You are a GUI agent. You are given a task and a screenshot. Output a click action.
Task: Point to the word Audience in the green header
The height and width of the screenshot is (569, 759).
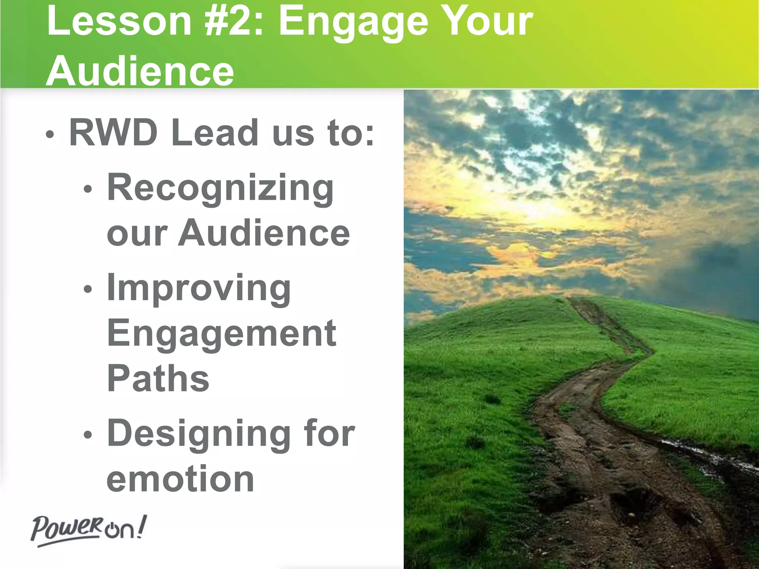tap(140, 71)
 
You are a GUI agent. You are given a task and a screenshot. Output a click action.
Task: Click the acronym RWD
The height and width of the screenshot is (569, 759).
tap(113, 132)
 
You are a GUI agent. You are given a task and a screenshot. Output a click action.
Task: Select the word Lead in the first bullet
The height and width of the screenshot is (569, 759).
tap(215, 132)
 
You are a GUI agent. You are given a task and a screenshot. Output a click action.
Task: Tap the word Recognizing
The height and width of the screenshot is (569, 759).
tap(220, 189)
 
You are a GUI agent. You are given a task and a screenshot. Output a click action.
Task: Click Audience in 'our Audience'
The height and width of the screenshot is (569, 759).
tap(264, 233)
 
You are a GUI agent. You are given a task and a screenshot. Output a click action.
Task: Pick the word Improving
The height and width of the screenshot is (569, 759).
tap(199, 289)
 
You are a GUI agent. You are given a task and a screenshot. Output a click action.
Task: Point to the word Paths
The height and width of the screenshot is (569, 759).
tap(158, 379)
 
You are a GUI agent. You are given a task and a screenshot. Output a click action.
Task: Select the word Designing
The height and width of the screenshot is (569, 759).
tap(199, 434)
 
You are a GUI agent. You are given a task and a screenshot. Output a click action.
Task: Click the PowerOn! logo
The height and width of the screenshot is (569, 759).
tap(88, 530)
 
